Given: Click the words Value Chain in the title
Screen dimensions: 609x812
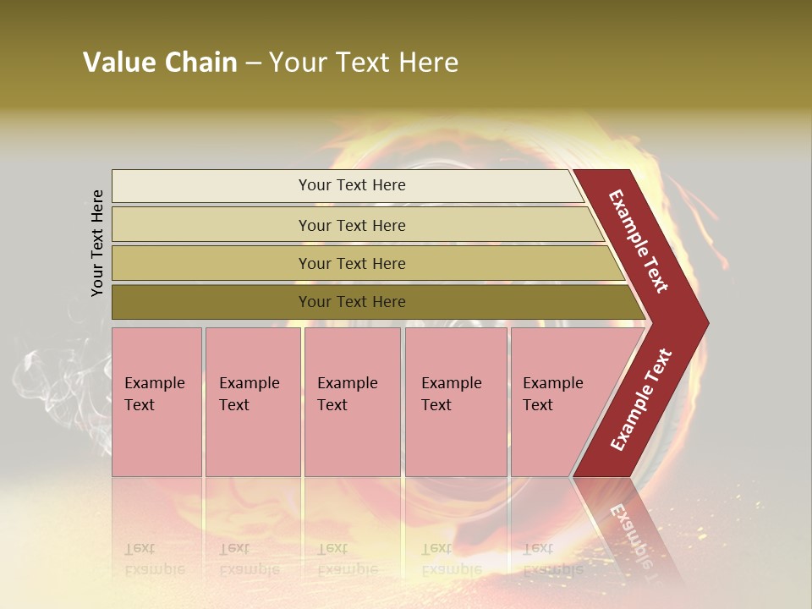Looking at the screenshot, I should point(160,63).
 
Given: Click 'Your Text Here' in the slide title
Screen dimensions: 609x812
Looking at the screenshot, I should point(364,63).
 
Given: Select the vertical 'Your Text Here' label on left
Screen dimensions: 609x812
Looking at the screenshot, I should point(98,243).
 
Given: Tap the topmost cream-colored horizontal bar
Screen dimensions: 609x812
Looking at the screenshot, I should point(351,185).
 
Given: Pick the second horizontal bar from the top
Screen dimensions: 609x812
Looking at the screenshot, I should point(351,225).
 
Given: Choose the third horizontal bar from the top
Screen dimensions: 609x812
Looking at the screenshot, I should point(351,263).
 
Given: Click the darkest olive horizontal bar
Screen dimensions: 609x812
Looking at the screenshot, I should point(351,302).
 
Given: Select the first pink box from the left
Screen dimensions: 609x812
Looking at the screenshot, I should point(156,402).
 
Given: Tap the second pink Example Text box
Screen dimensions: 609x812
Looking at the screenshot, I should point(253,402).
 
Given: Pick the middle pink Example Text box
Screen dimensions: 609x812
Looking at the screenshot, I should point(352,402).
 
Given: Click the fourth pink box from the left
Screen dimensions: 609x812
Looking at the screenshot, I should point(456,402).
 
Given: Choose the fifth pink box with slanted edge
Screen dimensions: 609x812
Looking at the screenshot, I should point(558,402).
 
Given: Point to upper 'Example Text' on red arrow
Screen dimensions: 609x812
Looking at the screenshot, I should point(639,242).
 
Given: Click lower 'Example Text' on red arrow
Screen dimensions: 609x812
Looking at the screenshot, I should point(641,400).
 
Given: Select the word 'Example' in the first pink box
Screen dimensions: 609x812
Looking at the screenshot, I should point(154,383).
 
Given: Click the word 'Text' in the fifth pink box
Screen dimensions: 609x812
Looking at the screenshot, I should point(538,405).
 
